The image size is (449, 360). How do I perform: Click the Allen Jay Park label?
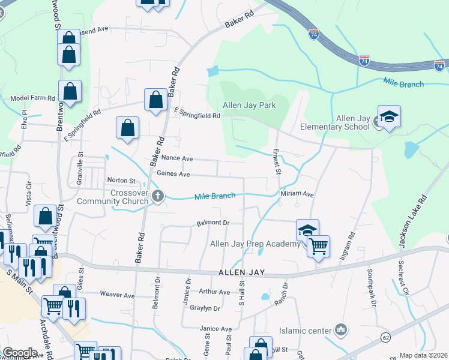pos(249,105)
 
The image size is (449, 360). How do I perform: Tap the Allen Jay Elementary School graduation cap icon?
pos(389,116)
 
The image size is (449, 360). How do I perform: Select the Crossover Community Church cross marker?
pos(157,196)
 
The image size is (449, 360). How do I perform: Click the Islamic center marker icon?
pos(341,329)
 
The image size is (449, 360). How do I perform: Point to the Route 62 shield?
pos(385,338)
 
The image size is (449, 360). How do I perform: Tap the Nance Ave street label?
pos(176,158)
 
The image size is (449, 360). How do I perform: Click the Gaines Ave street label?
pos(173,174)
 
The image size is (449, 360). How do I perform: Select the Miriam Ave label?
pos(297,194)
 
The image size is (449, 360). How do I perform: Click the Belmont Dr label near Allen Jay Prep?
pos(214,223)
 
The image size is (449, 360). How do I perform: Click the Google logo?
pos(19,352)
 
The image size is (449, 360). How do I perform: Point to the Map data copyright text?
pos(424,355)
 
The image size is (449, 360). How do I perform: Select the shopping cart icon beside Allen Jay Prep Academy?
pos(318,245)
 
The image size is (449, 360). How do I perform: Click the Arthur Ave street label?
pos(214,292)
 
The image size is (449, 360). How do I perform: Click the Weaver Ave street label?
pos(117,295)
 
